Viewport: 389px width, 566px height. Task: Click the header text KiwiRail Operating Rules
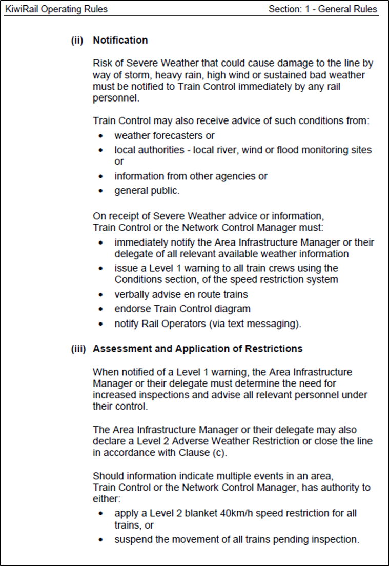tap(56, 9)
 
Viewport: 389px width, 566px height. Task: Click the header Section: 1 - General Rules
tap(322, 9)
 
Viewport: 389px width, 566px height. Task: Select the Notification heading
tap(120, 40)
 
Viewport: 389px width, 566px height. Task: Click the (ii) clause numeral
tap(77, 40)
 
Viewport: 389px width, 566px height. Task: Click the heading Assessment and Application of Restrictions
tap(197, 349)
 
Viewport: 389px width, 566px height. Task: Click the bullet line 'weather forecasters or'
tap(164, 136)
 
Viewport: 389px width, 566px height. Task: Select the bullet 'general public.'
tap(147, 190)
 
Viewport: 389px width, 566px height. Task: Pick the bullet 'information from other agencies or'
tap(191, 176)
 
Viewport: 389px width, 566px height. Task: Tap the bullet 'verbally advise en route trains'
tap(181, 295)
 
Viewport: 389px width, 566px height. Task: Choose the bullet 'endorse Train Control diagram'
tap(182, 309)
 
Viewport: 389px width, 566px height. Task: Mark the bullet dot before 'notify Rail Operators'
tap(103, 324)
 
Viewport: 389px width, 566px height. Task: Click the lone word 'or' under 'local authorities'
tap(119, 162)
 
